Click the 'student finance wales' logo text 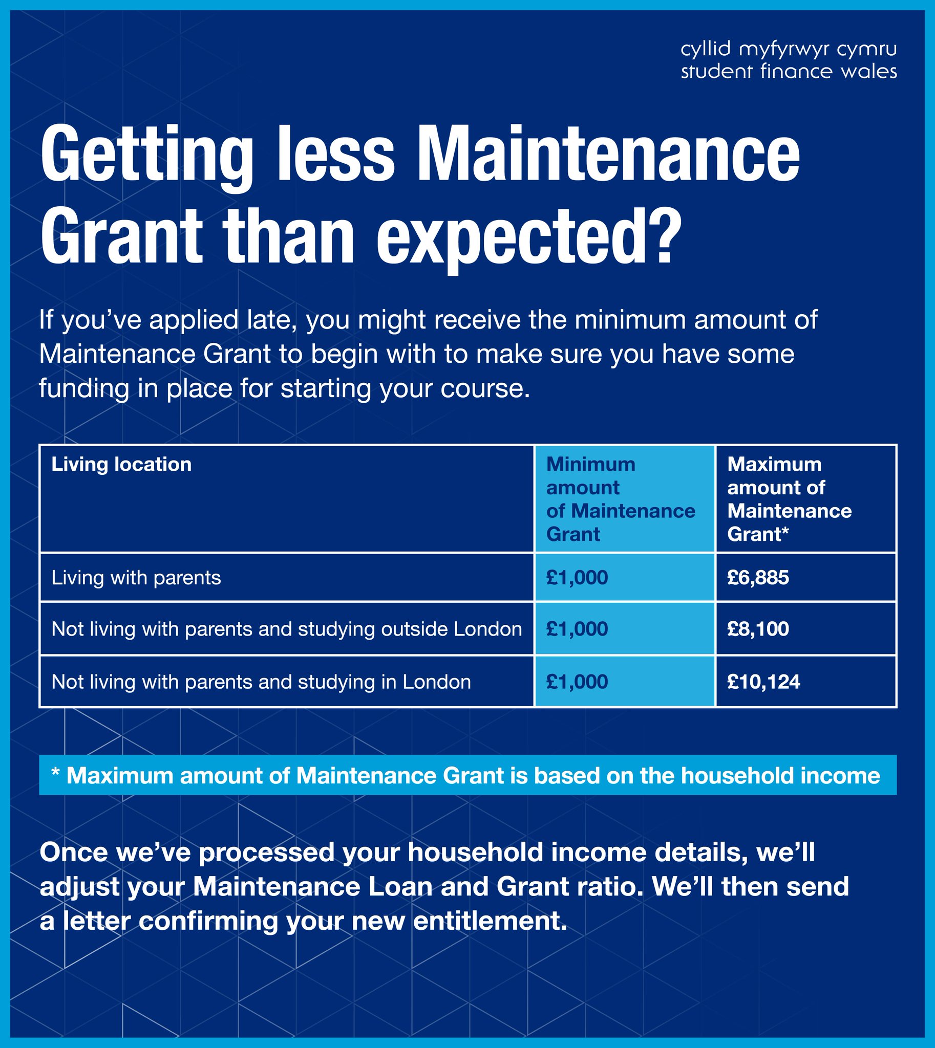click(789, 71)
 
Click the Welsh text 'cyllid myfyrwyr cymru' click(789, 50)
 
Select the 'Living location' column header click(121, 465)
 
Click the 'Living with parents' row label click(136, 578)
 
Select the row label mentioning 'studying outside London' click(287, 629)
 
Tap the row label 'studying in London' click(261, 682)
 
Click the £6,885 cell click(758, 578)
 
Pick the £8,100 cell click(758, 629)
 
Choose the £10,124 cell click(763, 682)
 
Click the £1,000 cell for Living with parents click(577, 578)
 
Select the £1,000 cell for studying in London click(577, 682)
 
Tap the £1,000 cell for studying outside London click(577, 629)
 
